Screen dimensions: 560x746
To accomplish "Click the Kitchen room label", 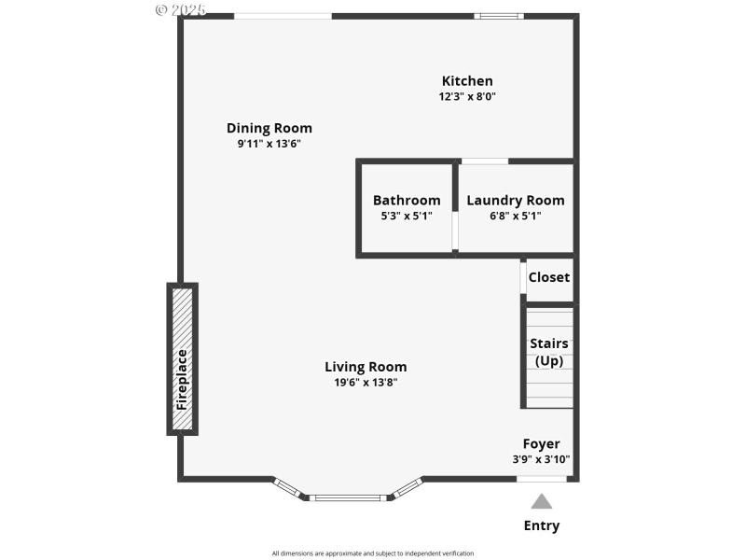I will point(467,81).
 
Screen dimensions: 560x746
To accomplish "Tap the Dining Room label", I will point(269,128).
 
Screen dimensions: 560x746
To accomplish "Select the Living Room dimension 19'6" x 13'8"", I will point(366,383).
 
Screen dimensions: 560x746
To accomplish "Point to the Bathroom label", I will point(406,200).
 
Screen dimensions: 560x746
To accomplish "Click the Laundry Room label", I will point(515,200).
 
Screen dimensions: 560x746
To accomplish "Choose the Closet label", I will point(548,277).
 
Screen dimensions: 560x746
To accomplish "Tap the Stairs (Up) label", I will point(548,352).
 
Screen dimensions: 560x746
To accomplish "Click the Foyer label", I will point(541,443).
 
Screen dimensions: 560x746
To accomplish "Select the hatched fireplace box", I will point(183,359).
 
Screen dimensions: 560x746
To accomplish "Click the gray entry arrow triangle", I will point(541,501).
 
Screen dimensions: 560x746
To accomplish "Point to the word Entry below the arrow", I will point(541,525).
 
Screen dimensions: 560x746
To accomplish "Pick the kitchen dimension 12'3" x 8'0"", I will point(467,96).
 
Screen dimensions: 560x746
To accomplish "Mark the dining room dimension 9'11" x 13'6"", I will point(269,144).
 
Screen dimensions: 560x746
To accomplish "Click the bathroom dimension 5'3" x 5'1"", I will point(406,216).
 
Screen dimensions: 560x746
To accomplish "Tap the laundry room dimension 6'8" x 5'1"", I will point(515,216).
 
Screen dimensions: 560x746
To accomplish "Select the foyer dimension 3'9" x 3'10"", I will point(541,459).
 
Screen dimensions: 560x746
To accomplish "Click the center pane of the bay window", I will point(347,497).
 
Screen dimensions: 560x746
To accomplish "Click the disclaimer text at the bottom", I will point(373,553).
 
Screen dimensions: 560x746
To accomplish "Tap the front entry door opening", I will point(541,479).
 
